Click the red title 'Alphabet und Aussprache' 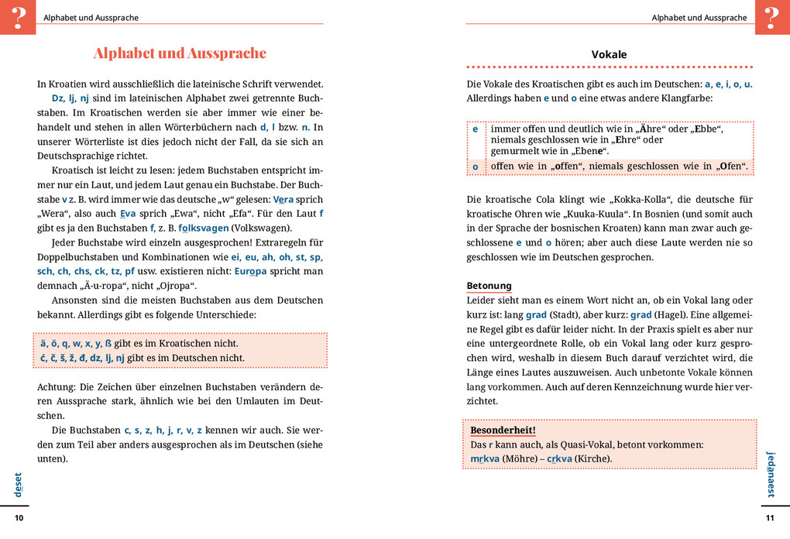pos(180,53)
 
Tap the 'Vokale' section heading pos(609,55)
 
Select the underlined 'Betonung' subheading pos(489,286)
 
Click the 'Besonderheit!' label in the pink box pos(503,431)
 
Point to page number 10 pos(19,518)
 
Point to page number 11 pos(769,518)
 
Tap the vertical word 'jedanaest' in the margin pos(770,474)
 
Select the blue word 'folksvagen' pos(202,228)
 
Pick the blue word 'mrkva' pos(484,458)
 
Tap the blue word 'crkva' pos(559,458)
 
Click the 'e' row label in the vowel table pos(476,129)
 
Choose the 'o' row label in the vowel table pos(476,167)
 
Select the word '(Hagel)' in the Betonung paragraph pos(671,315)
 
